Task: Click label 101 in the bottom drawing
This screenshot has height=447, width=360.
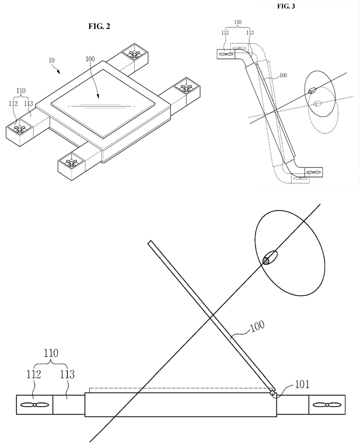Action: (302, 384)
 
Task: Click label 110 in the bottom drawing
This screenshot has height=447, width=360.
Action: (51, 355)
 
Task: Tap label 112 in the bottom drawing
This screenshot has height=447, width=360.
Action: (33, 375)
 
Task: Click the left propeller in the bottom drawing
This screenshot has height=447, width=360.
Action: (35, 405)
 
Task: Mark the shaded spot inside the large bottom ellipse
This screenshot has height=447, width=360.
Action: (266, 260)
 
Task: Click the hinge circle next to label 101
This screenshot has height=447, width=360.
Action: (273, 393)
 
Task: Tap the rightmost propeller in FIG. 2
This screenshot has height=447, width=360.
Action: (186, 88)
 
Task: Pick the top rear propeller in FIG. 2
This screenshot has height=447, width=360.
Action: (135, 55)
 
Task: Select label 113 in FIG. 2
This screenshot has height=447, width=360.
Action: (29, 104)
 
